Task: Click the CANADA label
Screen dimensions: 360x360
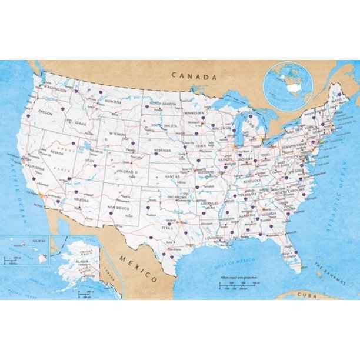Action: click(194, 76)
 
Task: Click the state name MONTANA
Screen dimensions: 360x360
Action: click(113, 101)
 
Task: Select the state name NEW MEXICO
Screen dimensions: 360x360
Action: click(118, 208)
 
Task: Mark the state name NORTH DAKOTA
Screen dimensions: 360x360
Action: click(163, 104)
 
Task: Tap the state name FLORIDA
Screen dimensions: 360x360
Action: click(288, 256)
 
